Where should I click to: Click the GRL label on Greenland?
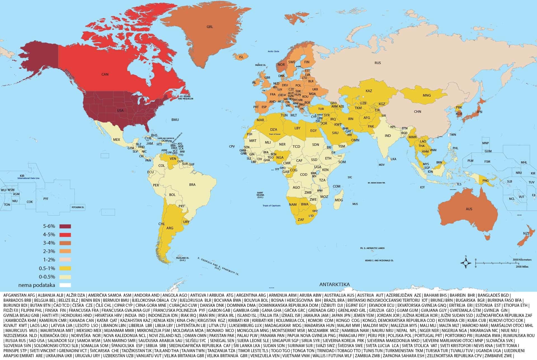click(x=210, y=27)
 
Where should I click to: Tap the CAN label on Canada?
click(x=105, y=74)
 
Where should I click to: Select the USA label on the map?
click(x=120, y=111)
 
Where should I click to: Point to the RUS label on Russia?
click(x=378, y=63)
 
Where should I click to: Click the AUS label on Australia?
click(x=469, y=209)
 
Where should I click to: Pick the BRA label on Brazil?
click(x=192, y=185)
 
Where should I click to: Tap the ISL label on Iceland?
click(x=241, y=57)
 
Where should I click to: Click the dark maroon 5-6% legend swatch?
click(x=65, y=226)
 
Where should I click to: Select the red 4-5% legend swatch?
click(x=65, y=235)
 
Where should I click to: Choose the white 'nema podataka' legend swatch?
click(x=65, y=285)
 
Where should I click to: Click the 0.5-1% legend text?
click(x=47, y=268)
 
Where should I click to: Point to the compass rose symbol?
click(x=466, y=263)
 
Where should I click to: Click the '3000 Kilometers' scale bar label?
click(x=522, y=260)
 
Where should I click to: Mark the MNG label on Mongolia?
click(x=427, y=95)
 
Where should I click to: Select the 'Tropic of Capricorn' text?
click(x=271, y=206)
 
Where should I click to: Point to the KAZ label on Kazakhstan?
click(x=369, y=91)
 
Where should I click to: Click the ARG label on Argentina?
click(x=170, y=228)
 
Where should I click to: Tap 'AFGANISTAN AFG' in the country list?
click(x=19, y=295)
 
